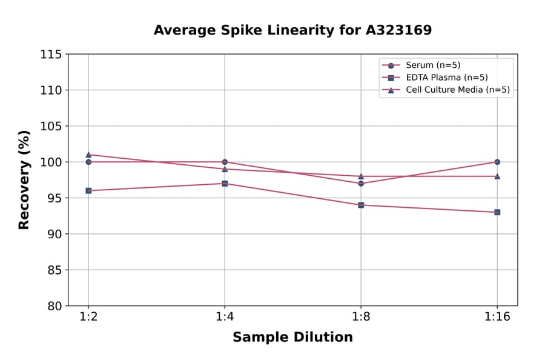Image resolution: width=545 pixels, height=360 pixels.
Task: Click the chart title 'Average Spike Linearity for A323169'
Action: (292, 30)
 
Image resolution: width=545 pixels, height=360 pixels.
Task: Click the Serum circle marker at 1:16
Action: (497, 162)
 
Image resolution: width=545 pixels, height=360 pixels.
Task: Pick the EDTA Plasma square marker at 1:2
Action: (88, 190)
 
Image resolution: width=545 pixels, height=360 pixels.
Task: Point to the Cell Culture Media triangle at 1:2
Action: (88, 155)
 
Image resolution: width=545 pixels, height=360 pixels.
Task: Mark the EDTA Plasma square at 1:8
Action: (361, 205)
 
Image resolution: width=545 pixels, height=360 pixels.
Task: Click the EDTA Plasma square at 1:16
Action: (497, 212)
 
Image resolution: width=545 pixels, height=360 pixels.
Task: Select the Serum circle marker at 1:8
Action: (361, 183)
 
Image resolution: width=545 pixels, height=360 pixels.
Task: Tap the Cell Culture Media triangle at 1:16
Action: (497, 176)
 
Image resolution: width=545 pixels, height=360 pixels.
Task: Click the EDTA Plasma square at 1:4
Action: (225, 183)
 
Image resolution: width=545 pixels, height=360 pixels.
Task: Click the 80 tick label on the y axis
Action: (54, 306)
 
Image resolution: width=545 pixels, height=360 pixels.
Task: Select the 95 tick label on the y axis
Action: (54, 198)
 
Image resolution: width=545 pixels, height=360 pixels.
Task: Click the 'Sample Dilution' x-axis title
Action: (292, 338)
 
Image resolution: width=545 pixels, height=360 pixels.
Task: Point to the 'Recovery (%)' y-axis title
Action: (24, 180)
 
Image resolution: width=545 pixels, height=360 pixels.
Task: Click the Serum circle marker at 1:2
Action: (88, 162)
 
